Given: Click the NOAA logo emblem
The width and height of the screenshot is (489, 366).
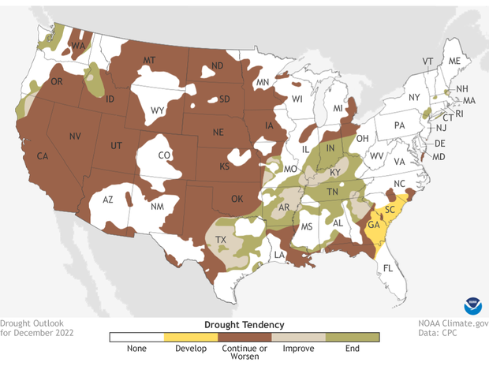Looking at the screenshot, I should point(472,305).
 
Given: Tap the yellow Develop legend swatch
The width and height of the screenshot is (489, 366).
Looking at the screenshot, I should point(190,337).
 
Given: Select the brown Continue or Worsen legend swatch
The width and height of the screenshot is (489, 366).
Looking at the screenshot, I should point(244,337).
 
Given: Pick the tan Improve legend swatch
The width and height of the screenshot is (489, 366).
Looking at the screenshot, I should point(298,337).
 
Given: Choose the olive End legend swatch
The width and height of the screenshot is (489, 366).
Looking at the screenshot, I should point(353,337).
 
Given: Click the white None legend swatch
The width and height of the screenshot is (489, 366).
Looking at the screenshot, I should point(136,337).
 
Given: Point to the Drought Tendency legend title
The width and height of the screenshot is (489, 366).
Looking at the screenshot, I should point(244,324).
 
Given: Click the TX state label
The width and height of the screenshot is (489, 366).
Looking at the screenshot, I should point(222,240).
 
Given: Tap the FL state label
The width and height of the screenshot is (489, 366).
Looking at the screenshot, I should point(387,268).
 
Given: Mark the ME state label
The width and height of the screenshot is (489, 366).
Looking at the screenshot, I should point(454,61).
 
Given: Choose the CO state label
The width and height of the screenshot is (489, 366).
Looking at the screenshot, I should point(164,155).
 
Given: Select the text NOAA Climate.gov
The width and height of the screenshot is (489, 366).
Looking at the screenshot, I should point(453,323).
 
